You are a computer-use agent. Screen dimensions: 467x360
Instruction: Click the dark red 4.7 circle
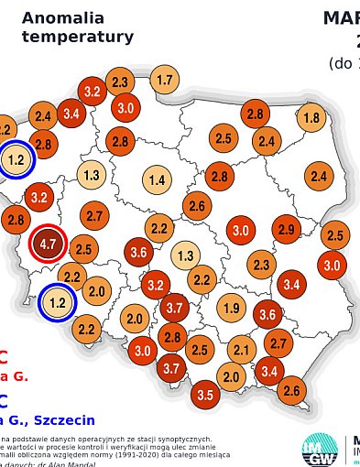(48, 244)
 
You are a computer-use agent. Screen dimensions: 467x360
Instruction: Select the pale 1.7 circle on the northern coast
(164, 80)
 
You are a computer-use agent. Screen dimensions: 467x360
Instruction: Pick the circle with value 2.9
(286, 229)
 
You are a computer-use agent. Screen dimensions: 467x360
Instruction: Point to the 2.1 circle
(242, 348)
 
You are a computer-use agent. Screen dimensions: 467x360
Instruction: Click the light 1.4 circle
(157, 179)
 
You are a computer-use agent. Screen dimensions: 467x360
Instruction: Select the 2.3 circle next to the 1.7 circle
(120, 82)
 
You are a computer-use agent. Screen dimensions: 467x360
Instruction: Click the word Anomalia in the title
(62, 17)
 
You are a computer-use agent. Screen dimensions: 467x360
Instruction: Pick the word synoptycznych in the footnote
(179, 438)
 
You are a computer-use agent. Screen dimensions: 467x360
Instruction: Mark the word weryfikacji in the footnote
(155, 447)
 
